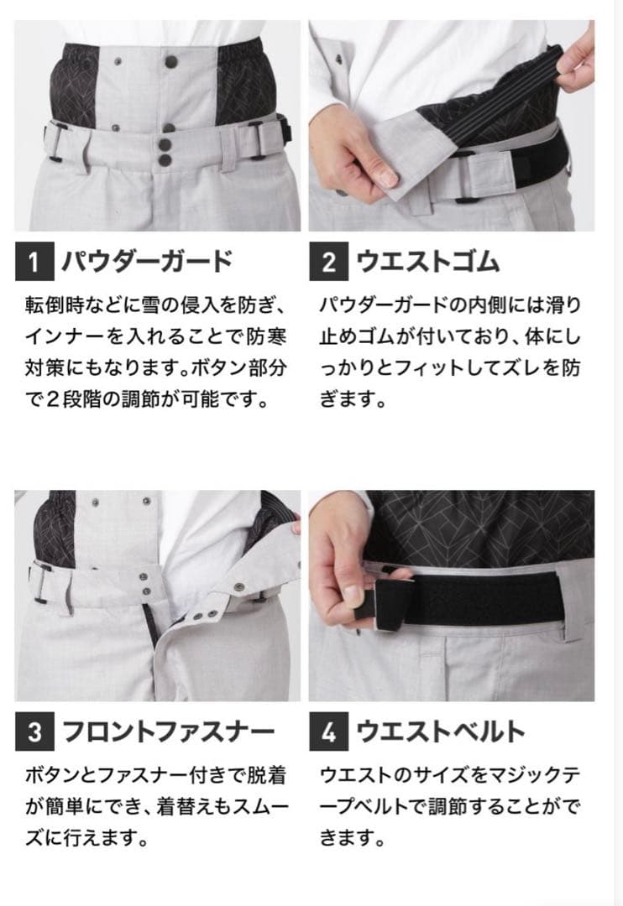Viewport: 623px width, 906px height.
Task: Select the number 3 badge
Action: pyautogui.click(x=34, y=732)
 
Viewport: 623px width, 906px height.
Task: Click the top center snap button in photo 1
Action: pyautogui.click(x=170, y=60)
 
